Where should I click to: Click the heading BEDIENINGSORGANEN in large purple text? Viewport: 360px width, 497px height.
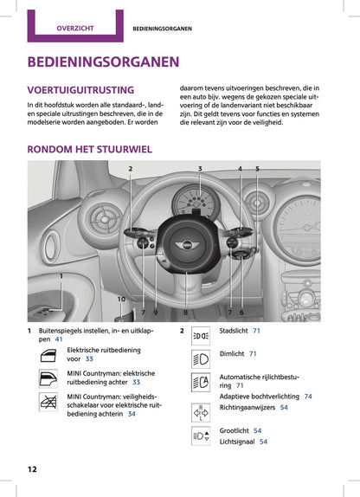[104, 62]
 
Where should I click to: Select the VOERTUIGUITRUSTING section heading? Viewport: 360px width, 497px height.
[81, 90]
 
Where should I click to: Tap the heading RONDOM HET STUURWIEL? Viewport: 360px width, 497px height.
[90, 149]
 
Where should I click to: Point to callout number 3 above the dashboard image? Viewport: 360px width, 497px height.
[200, 168]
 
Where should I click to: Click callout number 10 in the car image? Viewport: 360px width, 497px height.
[121, 299]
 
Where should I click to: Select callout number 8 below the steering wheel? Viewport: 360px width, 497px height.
[185, 312]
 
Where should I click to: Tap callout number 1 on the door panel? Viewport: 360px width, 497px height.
[61, 275]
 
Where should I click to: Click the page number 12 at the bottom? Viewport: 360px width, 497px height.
[32, 468]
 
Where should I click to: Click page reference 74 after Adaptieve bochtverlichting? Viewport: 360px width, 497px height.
[308, 396]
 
